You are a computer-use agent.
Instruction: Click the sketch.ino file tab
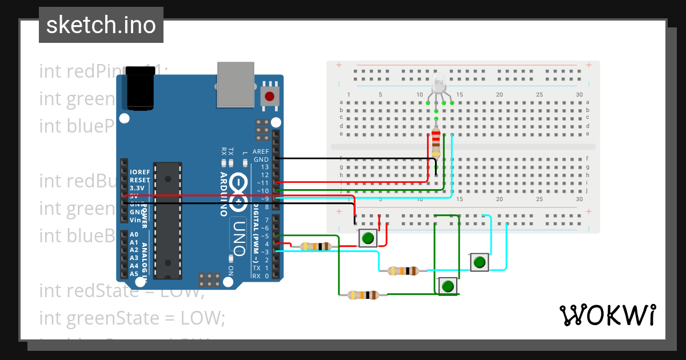(x=101, y=25)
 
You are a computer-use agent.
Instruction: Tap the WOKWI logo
(x=607, y=315)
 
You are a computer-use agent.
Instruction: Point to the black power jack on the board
(x=140, y=88)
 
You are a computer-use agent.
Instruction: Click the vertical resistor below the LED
(x=436, y=142)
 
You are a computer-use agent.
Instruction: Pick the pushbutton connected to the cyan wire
(x=480, y=262)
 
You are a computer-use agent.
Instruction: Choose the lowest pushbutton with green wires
(x=448, y=285)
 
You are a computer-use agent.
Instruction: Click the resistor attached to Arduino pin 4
(x=316, y=246)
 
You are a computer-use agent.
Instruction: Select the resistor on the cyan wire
(x=403, y=271)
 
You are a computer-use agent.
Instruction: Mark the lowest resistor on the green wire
(x=363, y=295)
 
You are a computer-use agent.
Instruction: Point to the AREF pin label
(x=261, y=152)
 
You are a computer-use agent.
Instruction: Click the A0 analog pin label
(x=134, y=234)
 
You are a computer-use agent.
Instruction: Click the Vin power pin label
(x=135, y=220)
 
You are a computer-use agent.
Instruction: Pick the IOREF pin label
(x=139, y=172)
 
